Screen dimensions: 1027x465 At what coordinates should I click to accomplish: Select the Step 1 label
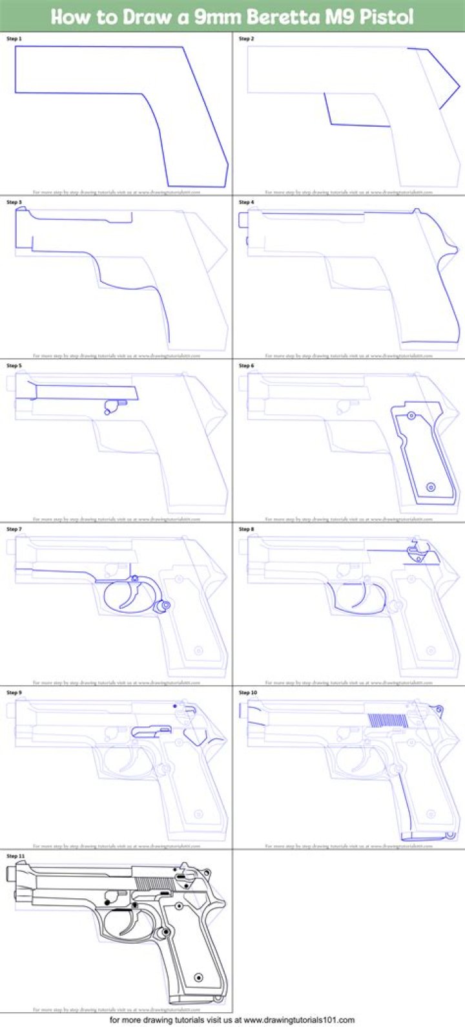[14, 39]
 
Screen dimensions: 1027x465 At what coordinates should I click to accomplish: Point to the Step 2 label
[247, 39]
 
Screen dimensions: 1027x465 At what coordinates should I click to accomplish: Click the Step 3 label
[14, 202]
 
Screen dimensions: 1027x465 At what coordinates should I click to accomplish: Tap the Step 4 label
[247, 202]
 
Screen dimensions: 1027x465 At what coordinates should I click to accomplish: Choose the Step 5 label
[14, 366]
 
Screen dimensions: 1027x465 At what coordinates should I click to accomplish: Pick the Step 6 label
[247, 366]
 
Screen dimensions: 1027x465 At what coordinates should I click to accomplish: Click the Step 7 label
[14, 529]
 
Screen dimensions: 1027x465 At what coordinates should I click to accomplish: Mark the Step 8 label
[247, 529]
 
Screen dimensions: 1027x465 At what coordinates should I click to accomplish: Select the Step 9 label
[14, 693]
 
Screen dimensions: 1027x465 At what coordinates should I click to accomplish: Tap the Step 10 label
[248, 693]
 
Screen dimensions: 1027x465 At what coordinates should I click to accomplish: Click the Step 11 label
[15, 856]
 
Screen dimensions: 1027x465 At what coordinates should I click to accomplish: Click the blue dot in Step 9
[175, 706]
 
